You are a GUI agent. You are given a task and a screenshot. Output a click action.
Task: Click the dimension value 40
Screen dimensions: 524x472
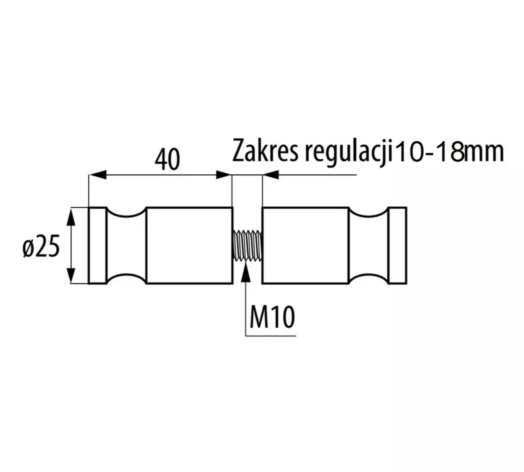click(x=167, y=159)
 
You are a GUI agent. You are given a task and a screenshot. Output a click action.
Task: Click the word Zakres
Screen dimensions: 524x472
click(x=265, y=151)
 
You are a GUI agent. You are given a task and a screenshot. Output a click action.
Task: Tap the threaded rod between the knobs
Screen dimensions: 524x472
click(x=247, y=245)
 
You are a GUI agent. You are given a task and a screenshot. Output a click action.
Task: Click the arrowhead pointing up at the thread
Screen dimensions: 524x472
click(x=245, y=272)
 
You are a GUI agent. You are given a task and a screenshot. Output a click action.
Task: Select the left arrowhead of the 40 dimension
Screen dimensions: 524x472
click(x=98, y=175)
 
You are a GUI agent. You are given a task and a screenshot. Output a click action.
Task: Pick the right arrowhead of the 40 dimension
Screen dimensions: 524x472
click(x=223, y=175)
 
